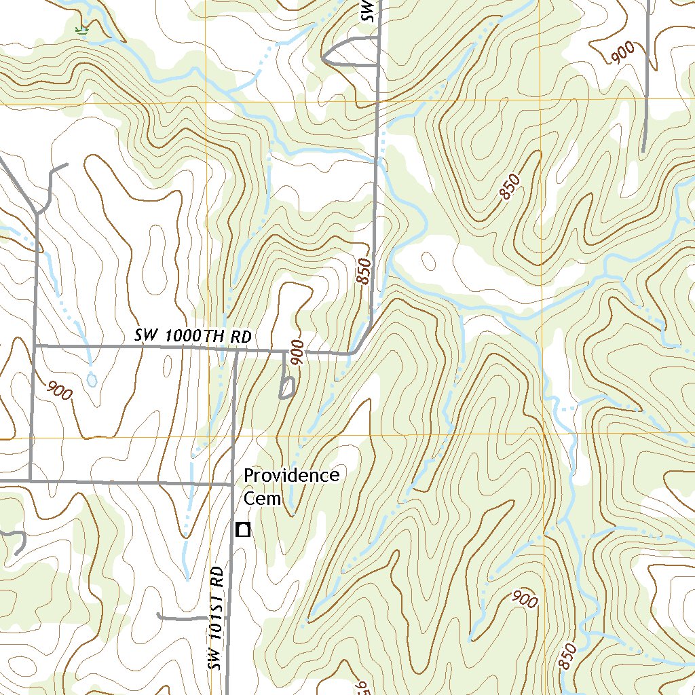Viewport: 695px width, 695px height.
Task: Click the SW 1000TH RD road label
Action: point(193,336)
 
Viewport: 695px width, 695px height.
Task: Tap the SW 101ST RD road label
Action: point(217,618)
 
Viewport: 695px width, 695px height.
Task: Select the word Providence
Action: point(291,475)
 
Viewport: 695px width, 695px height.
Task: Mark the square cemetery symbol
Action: point(242,529)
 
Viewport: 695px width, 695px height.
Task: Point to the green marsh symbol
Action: point(82,29)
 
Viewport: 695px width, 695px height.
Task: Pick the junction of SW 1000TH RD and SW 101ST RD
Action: point(236,351)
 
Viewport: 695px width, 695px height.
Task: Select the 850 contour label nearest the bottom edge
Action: point(569,657)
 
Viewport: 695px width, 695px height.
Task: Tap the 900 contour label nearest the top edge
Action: point(622,53)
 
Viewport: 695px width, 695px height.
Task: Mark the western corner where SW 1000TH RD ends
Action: point(34,345)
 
